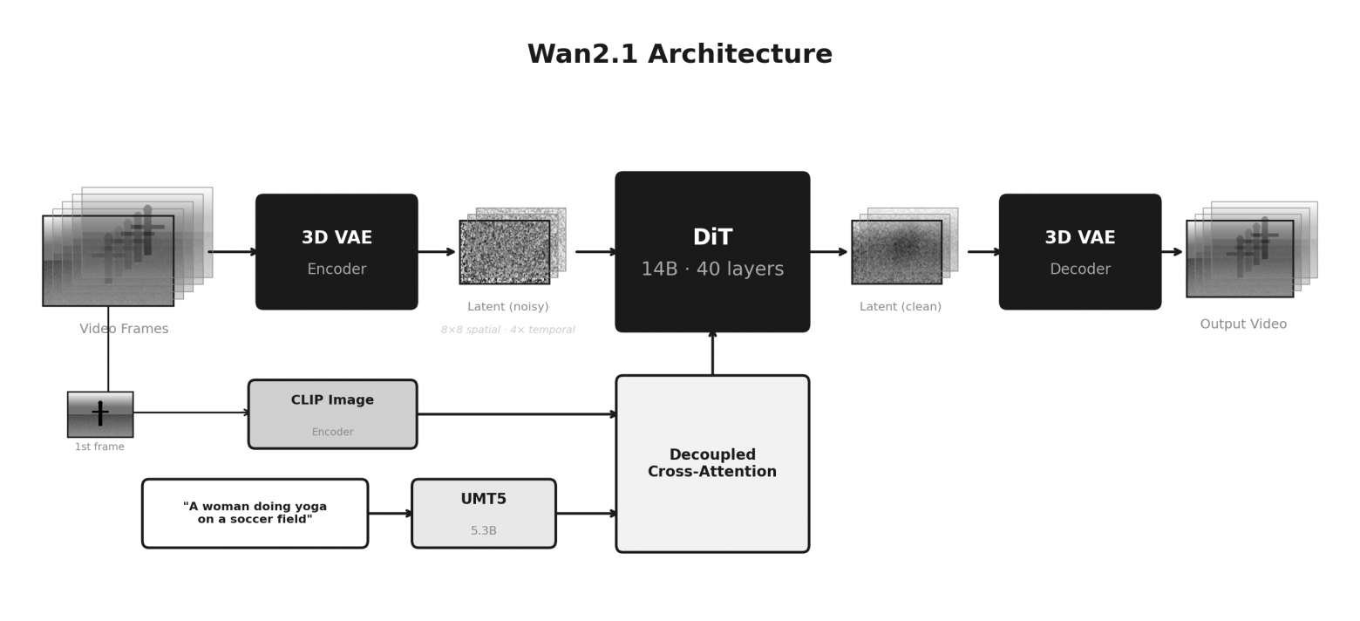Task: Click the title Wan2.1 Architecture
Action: coord(679,54)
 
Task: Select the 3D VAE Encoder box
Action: coord(337,251)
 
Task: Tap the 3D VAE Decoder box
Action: coord(1079,251)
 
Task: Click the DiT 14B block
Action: coord(712,251)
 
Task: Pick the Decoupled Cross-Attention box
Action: coord(712,463)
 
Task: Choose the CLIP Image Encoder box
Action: coord(332,414)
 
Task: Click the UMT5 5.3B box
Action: coord(483,513)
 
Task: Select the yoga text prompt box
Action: coord(255,513)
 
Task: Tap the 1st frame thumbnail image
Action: coord(100,414)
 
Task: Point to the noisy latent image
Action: coord(505,252)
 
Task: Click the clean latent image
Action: coord(896,252)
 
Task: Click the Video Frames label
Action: coord(124,329)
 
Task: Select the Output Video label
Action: coord(1243,324)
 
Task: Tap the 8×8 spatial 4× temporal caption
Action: coord(507,331)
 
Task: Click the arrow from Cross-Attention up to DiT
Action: coord(712,353)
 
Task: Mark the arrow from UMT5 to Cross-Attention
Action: coord(586,513)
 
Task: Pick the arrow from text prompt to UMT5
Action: coord(390,513)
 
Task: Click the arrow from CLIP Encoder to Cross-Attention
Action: coord(516,414)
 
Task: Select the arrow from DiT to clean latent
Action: coord(828,252)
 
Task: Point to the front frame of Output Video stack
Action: coord(1239,259)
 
